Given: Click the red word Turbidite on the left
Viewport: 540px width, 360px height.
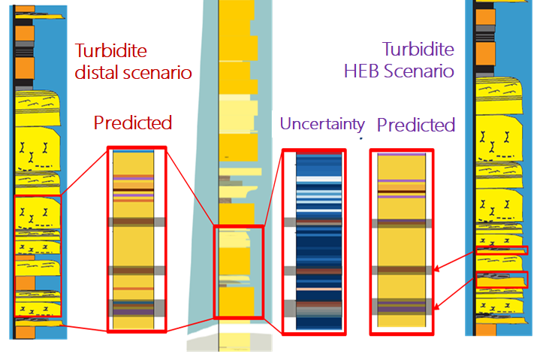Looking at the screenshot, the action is pos(111,50).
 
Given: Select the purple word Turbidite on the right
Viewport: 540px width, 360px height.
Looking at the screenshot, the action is pos(418,49).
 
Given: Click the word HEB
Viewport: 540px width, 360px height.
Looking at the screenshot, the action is pos(361,71).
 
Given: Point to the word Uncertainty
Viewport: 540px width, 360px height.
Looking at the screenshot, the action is pos(322,124).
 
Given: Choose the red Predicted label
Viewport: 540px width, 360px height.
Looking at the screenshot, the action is pos(133,123).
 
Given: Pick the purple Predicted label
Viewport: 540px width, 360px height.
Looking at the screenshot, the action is pos(416,125).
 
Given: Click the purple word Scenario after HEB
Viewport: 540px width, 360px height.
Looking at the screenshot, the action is pos(419,71).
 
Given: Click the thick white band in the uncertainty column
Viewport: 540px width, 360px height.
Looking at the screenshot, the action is pos(319,179).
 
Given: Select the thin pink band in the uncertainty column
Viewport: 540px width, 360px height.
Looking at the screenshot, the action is pos(319,289).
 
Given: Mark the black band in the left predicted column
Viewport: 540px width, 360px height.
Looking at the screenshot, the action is pos(133,190).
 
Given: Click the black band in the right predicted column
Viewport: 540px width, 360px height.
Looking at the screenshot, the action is pos(402,192).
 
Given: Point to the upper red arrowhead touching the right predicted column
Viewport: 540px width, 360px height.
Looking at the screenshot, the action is pos(436,268).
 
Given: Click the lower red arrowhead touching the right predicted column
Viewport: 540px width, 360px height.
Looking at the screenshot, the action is pos(436,306).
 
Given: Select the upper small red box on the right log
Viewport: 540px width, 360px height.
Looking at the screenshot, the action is pos(502,250).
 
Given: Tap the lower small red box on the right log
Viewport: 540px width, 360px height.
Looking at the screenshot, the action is pos(502,280).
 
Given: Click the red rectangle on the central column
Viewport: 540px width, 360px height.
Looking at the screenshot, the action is pos(214,272).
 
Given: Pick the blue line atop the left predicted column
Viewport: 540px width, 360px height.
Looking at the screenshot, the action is pos(133,151).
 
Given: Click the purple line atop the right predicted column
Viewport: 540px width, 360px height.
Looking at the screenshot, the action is pos(402,155).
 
